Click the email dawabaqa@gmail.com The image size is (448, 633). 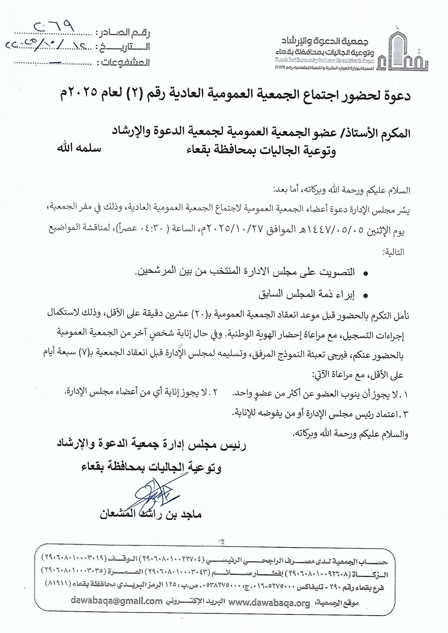pos(116,602)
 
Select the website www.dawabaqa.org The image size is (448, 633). pos(269,602)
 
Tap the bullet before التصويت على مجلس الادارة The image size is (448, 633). pos(366,274)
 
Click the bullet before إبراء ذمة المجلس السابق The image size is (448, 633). pos(366,296)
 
